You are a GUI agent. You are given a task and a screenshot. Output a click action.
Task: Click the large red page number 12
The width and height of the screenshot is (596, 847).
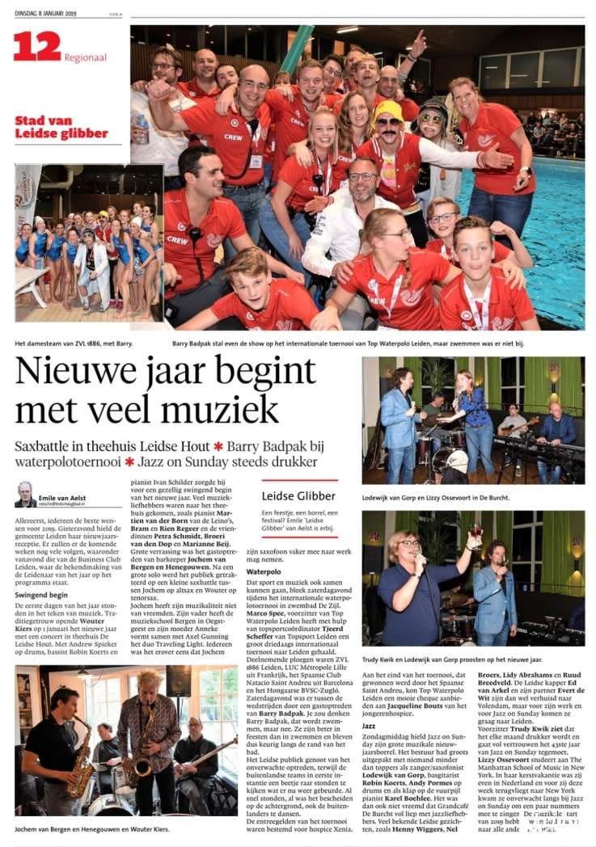[36, 46]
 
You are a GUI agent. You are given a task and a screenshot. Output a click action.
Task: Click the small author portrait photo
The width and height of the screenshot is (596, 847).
[25, 495]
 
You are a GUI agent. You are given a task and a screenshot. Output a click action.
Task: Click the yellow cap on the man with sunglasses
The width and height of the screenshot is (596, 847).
[388, 108]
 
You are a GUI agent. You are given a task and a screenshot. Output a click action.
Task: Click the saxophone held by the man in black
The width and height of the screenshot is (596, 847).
[80, 756]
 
